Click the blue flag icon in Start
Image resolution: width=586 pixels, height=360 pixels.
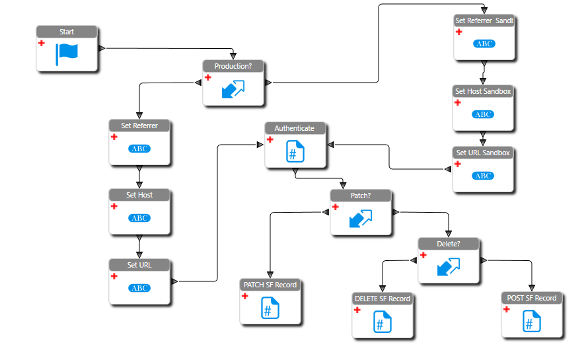click(67, 54)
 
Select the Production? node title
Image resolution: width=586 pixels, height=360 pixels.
click(233, 66)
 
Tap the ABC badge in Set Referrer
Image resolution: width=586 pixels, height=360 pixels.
click(139, 149)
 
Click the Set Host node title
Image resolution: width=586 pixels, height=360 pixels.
click(139, 195)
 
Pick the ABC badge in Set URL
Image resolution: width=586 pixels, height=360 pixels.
click(139, 288)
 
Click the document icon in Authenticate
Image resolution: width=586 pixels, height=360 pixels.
click(295, 152)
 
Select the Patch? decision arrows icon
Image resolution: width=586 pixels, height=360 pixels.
click(361, 219)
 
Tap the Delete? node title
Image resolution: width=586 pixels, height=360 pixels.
click(449, 244)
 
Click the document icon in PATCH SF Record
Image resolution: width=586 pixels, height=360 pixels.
click(270, 308)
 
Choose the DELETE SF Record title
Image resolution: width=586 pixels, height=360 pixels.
click(383, 299)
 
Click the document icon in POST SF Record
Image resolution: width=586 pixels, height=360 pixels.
click(532, 322)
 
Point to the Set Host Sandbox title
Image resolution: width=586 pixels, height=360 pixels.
click(483, 91)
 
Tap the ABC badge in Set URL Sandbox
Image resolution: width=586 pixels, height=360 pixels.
click(484, 176)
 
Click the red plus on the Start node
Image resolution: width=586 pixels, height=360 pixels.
click(41, 43)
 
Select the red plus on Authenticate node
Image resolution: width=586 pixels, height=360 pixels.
click(270, 139)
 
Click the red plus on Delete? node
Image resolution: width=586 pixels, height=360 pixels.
click(423, 255)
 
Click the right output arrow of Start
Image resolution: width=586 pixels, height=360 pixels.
click(102, 48)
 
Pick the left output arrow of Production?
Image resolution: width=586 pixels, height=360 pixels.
click(198, 83)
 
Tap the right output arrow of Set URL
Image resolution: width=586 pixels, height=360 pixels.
click(174, 281)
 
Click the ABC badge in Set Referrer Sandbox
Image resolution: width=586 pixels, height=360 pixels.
click(484, 44)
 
